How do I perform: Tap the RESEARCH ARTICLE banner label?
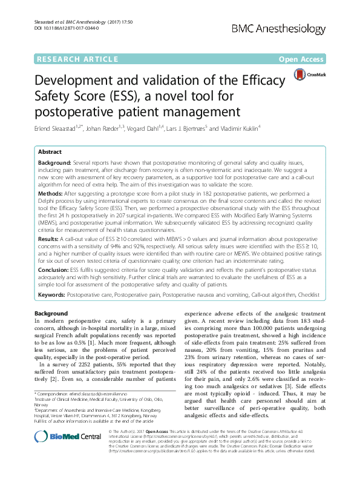point(77,59)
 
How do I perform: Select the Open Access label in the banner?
point(299,59)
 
